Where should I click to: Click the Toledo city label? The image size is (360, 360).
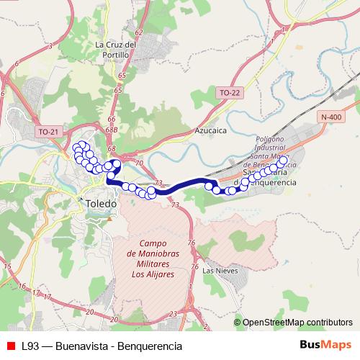100,204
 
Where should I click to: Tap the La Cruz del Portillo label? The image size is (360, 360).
116,49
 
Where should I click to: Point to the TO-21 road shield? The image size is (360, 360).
48,132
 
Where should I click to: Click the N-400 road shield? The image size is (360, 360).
332,117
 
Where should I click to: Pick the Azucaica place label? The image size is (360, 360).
211,132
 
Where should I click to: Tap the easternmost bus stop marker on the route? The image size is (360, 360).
282,161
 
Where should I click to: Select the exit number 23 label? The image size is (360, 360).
173,314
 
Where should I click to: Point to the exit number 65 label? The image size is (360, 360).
120,75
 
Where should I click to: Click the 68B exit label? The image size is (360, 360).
112,130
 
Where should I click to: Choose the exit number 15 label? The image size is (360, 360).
7,267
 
